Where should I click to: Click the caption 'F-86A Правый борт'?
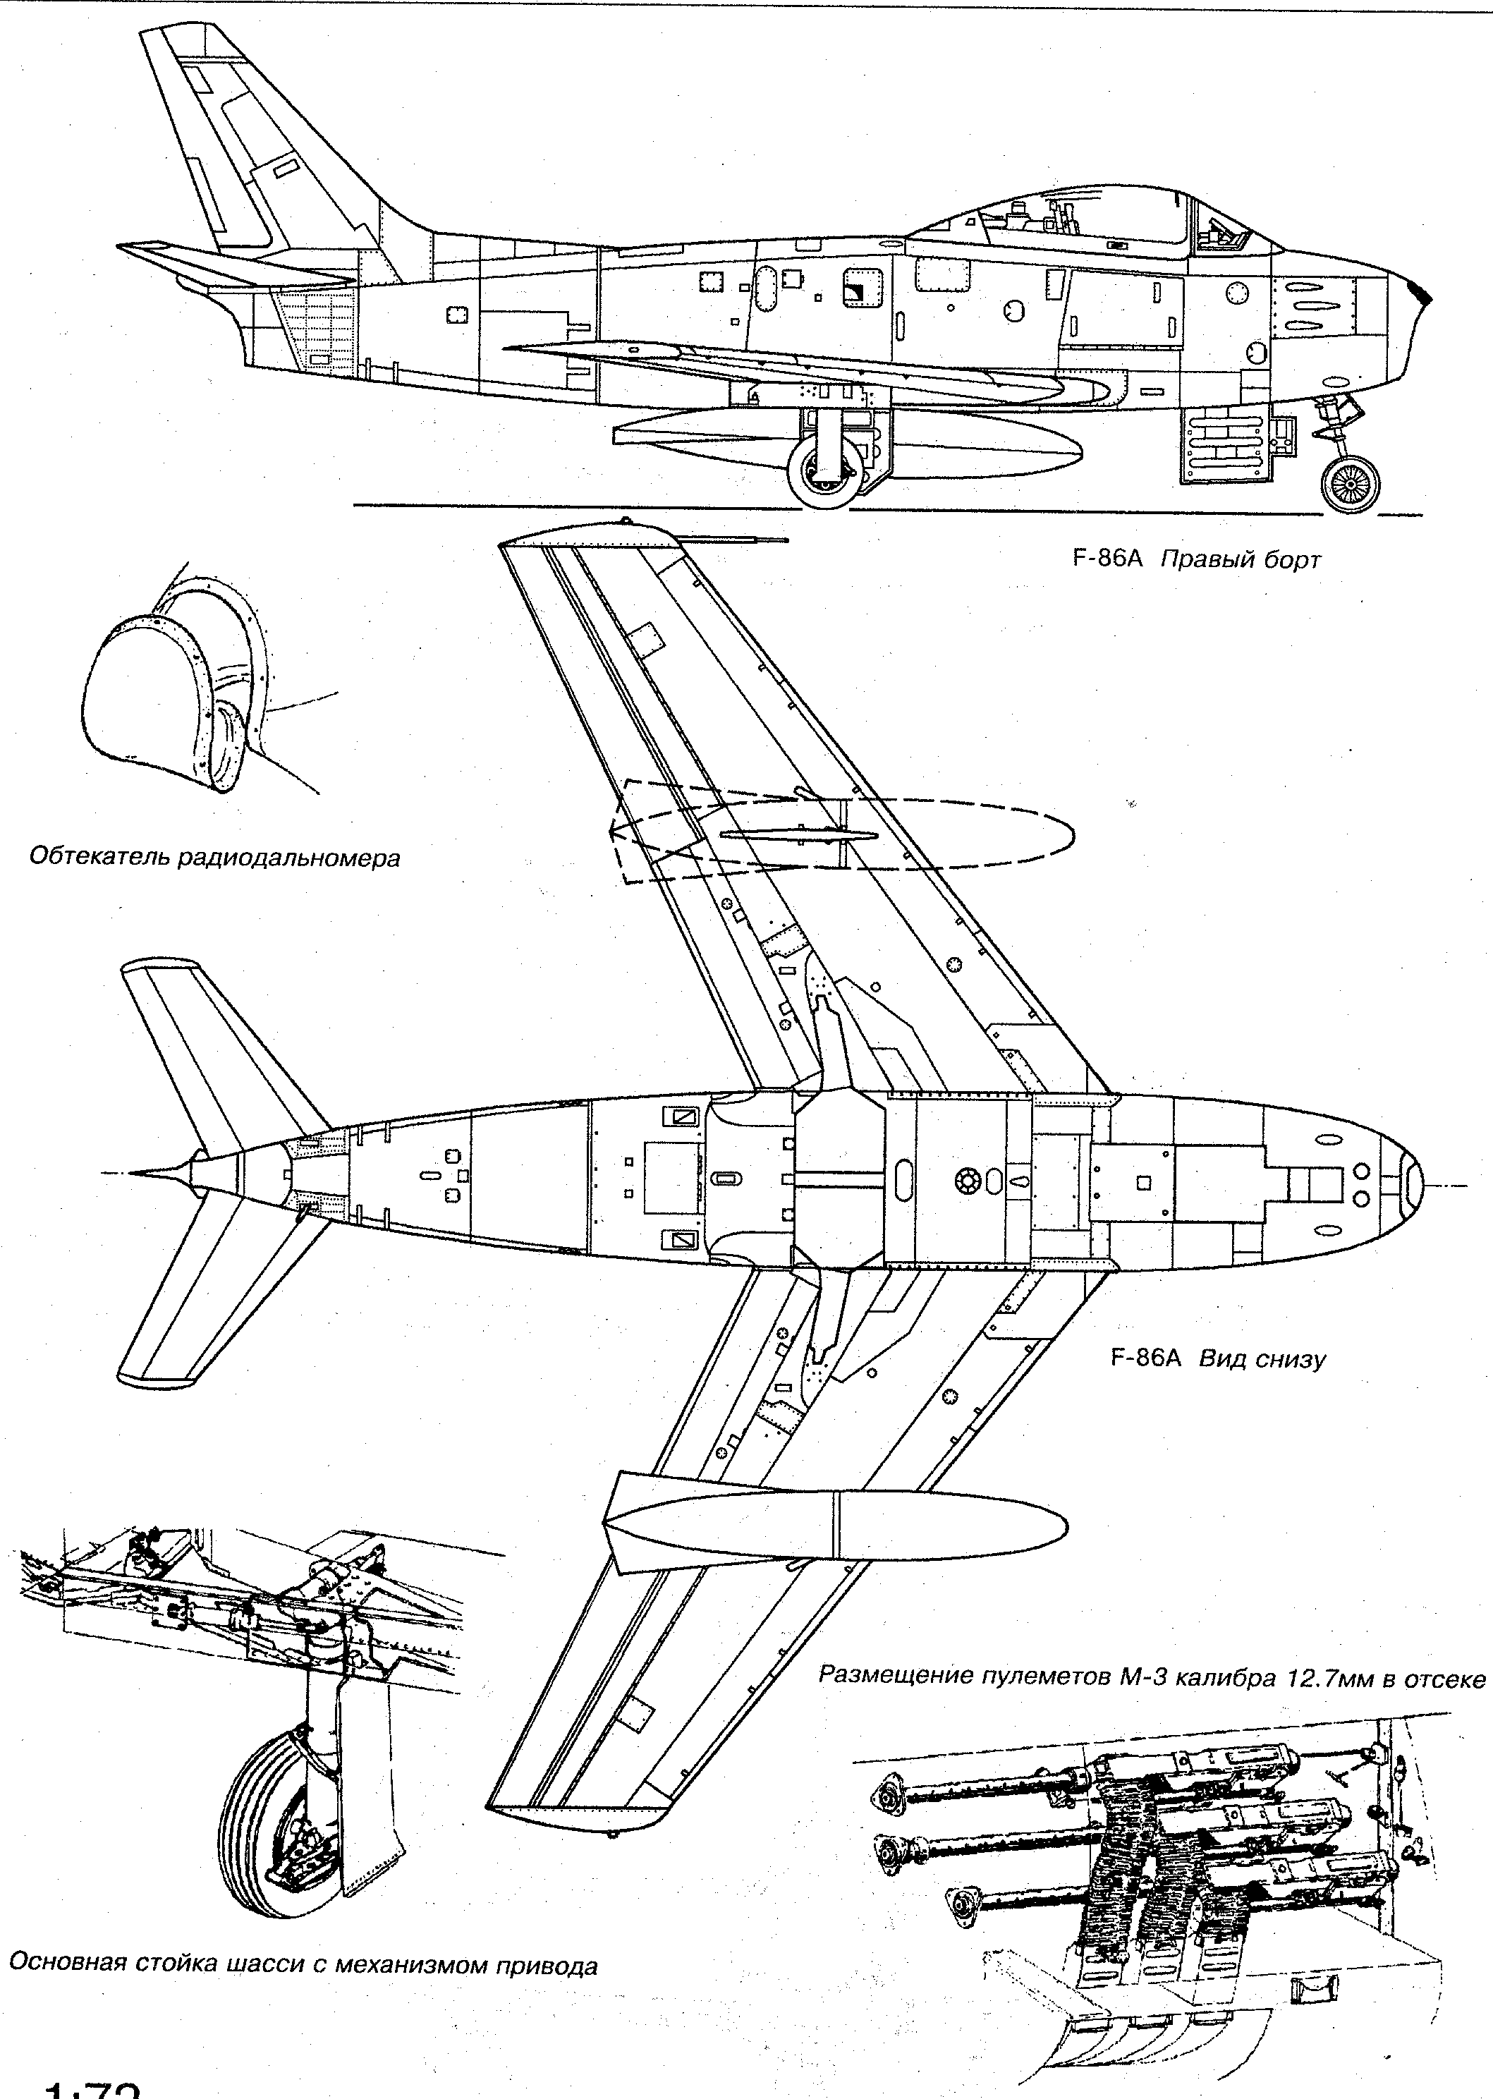click(x=1196, y=559)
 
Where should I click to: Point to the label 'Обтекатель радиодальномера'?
click(x=215, y=858)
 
